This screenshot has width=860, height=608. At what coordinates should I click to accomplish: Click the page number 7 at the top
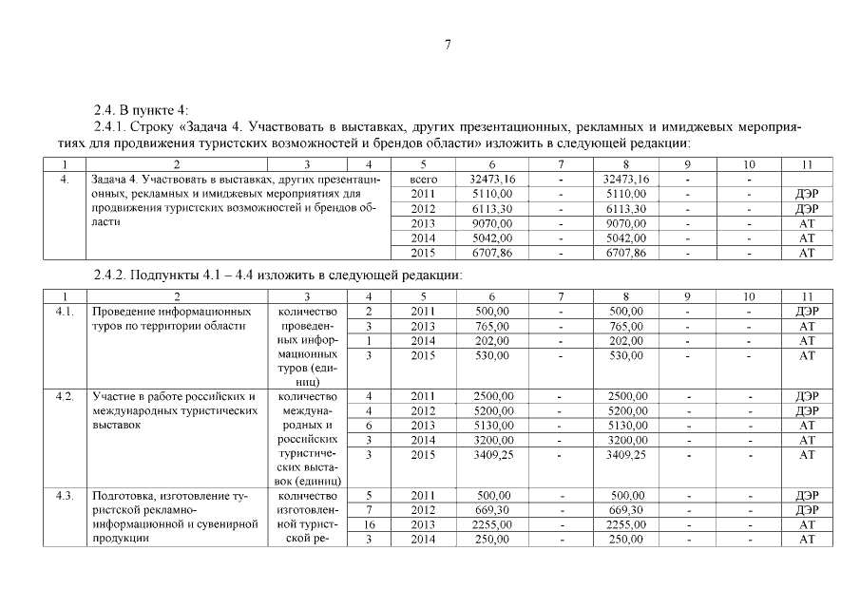(x=447, y=45)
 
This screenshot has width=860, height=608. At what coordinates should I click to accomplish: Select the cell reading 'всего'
(x=422, y=179)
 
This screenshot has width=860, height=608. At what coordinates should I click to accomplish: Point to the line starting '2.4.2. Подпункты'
(x=277, y=275)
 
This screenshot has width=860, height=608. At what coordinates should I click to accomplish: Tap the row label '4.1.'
(x=66, y=312)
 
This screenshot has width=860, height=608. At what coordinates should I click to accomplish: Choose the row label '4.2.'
(x=66, y=395)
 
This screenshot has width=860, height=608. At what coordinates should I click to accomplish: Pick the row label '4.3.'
(x=66, y=495)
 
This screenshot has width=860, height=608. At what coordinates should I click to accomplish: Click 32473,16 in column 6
(x=492, y=179)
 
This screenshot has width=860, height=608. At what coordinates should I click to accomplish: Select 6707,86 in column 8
(x=626, y=254)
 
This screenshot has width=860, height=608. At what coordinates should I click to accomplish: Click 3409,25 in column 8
(x=626, y=455)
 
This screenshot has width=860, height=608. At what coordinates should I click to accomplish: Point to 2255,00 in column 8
(x=626, y=524)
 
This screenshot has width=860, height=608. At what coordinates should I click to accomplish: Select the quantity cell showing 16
(x=368, y=524)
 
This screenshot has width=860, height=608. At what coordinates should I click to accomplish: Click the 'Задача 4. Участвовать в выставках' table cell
(x=238, y=199)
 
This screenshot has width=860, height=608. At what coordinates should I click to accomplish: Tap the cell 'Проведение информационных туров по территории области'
(x=171, y=318)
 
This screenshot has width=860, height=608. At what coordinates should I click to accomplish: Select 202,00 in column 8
(x=626, y=340)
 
